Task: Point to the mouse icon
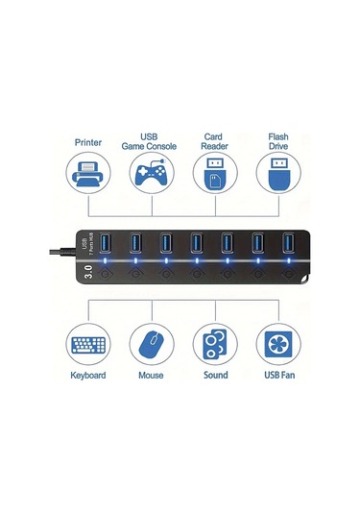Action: click(x=151, y=345)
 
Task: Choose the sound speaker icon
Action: click(x=213, y=345)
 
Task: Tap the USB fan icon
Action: click(x=276, y=345)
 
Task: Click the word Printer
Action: click(x=87, y=141)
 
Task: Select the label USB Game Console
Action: click(x=151, y=141)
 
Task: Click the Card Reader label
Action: click(x=213, y=141)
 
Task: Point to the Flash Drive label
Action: click(x=276, y=141)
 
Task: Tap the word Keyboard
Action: click(x=87, y=376)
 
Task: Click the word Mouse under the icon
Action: click(x=151, y=376)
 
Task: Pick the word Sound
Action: click(x=214, y=376)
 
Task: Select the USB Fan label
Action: click(x=276, y=376)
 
